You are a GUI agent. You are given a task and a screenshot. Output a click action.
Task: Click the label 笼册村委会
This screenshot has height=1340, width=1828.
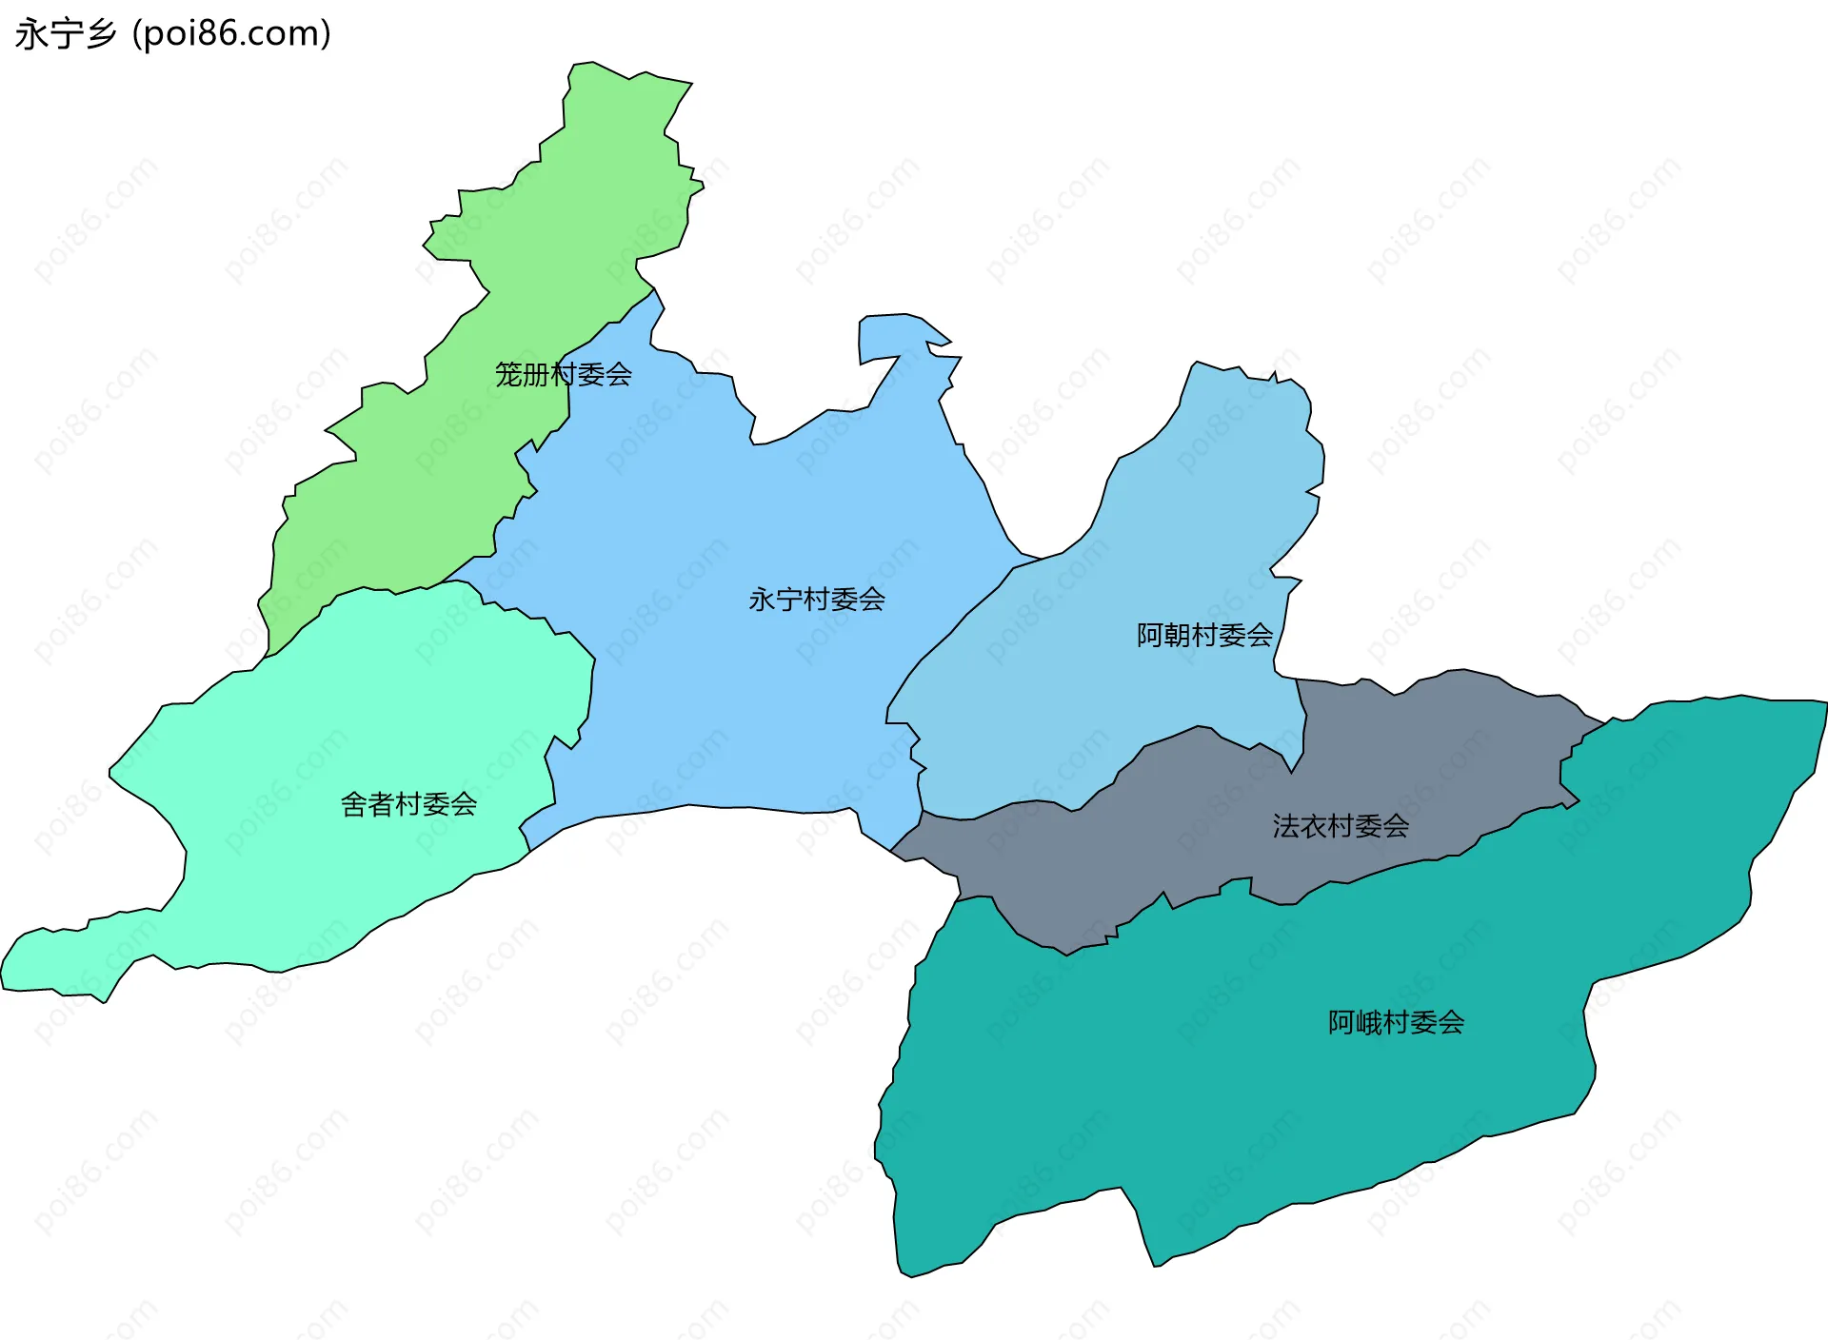[x=563, y=374]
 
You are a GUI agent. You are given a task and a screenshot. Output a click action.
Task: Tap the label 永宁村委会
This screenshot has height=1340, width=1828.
[x=817, y=600]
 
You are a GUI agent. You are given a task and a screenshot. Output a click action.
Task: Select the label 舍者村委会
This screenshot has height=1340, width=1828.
[x=408, y=805]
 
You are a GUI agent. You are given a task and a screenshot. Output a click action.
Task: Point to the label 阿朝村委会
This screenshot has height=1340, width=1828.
[x=1204, y=635]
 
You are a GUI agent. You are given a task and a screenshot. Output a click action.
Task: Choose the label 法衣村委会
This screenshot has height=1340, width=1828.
[x=1341, y=826]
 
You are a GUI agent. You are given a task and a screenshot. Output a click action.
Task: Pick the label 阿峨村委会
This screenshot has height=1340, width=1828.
[x=1396, y=1022]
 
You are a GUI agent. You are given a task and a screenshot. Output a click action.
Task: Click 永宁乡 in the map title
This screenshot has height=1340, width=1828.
[x=66, y=34]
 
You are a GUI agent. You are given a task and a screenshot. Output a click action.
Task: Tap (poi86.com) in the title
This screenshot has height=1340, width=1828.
[x=231, y=34]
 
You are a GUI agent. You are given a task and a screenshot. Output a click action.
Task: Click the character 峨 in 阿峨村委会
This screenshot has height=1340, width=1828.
[x=1368, y=1022]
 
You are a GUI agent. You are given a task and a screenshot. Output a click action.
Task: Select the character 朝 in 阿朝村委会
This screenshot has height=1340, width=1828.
[x=1177, y=635]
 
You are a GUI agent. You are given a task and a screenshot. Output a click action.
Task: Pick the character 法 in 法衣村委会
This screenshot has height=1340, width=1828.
[x=1286, y=826]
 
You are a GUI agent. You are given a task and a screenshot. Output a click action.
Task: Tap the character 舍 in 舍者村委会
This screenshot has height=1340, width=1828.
[x=354, y=805]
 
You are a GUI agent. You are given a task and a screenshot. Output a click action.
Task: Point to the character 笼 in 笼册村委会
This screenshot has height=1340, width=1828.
[x=508, y=374]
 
